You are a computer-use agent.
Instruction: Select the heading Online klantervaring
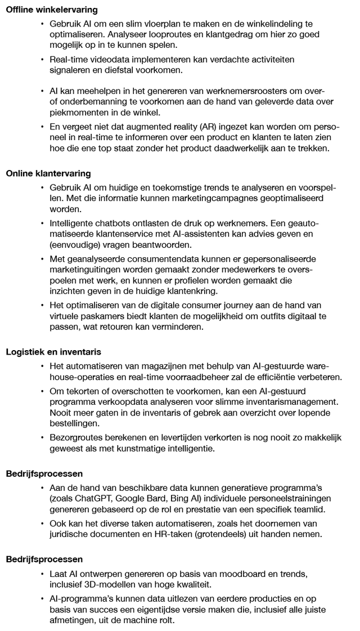(48, 173)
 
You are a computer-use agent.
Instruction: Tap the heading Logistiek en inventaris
(53, 352)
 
